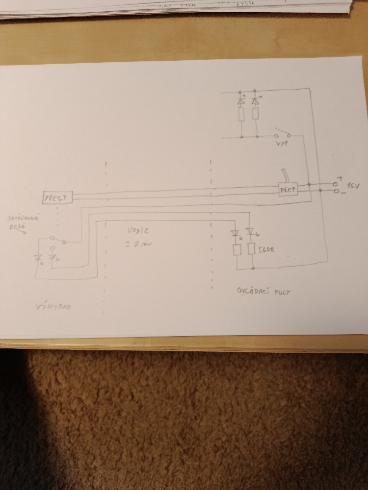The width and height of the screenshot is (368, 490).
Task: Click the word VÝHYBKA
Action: (54, 308)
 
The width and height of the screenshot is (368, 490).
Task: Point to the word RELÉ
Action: (17, 227)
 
